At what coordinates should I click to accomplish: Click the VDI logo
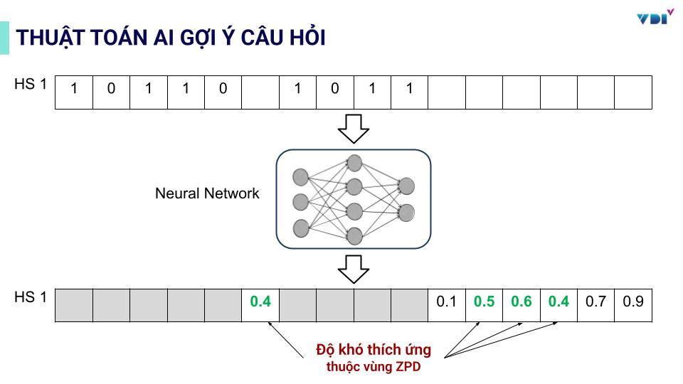coord(654,17)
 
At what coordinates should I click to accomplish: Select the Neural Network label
coord(207,193)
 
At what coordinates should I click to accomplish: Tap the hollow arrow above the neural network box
coord(353,128)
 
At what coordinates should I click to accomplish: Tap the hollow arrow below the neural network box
coord(353,268)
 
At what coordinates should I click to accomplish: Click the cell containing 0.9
coord(632,302)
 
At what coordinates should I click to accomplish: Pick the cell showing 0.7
coord(595,302)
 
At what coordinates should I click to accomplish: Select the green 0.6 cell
coord(521,302)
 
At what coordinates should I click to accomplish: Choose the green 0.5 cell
coord(484,302)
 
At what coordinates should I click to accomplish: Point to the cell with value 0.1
coord(446,302)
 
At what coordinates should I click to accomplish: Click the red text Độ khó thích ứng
coord(374,351)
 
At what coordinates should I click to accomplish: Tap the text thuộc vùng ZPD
coord(374,367)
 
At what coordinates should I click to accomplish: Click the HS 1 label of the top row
coord(30,85)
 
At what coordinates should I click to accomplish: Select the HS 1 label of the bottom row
coord(30,297)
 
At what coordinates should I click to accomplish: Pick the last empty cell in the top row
coord(632,92)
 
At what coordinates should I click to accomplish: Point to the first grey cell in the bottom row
coord(74,305)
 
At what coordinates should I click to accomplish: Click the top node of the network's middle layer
coord(354,162)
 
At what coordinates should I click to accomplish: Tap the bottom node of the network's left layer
coord(301,228)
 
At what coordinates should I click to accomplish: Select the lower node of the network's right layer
coord(407,212)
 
